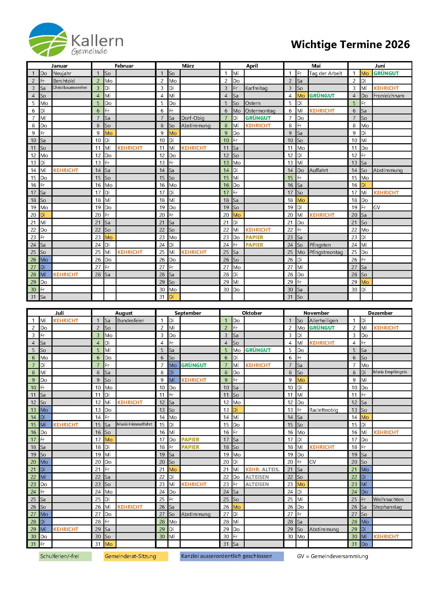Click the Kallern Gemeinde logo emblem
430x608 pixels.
[x=48, y=40]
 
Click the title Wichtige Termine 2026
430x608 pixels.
[x=350, y=44]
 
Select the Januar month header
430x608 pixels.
[x=59, y=66]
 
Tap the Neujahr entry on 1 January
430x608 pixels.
[x=62, y=73]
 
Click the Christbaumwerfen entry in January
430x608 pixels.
[x=70, y=88]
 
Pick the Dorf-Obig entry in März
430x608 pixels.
[x=193, y=118]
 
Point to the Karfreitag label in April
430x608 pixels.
[x=256, y=88]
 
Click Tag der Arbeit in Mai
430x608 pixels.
[x=326, y=73]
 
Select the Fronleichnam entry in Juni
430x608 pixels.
[x=389, y=96]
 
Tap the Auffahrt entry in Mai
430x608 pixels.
[x=318, y=170]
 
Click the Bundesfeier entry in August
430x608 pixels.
[x=131, y=321]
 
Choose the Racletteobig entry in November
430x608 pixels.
[x=324, y=410]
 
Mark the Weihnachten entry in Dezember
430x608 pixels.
[x=388, y=499]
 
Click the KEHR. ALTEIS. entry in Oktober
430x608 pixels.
[x=262, y=469]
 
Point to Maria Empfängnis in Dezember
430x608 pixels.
[x=390, y=372]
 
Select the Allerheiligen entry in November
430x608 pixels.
[x=324, y=321]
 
